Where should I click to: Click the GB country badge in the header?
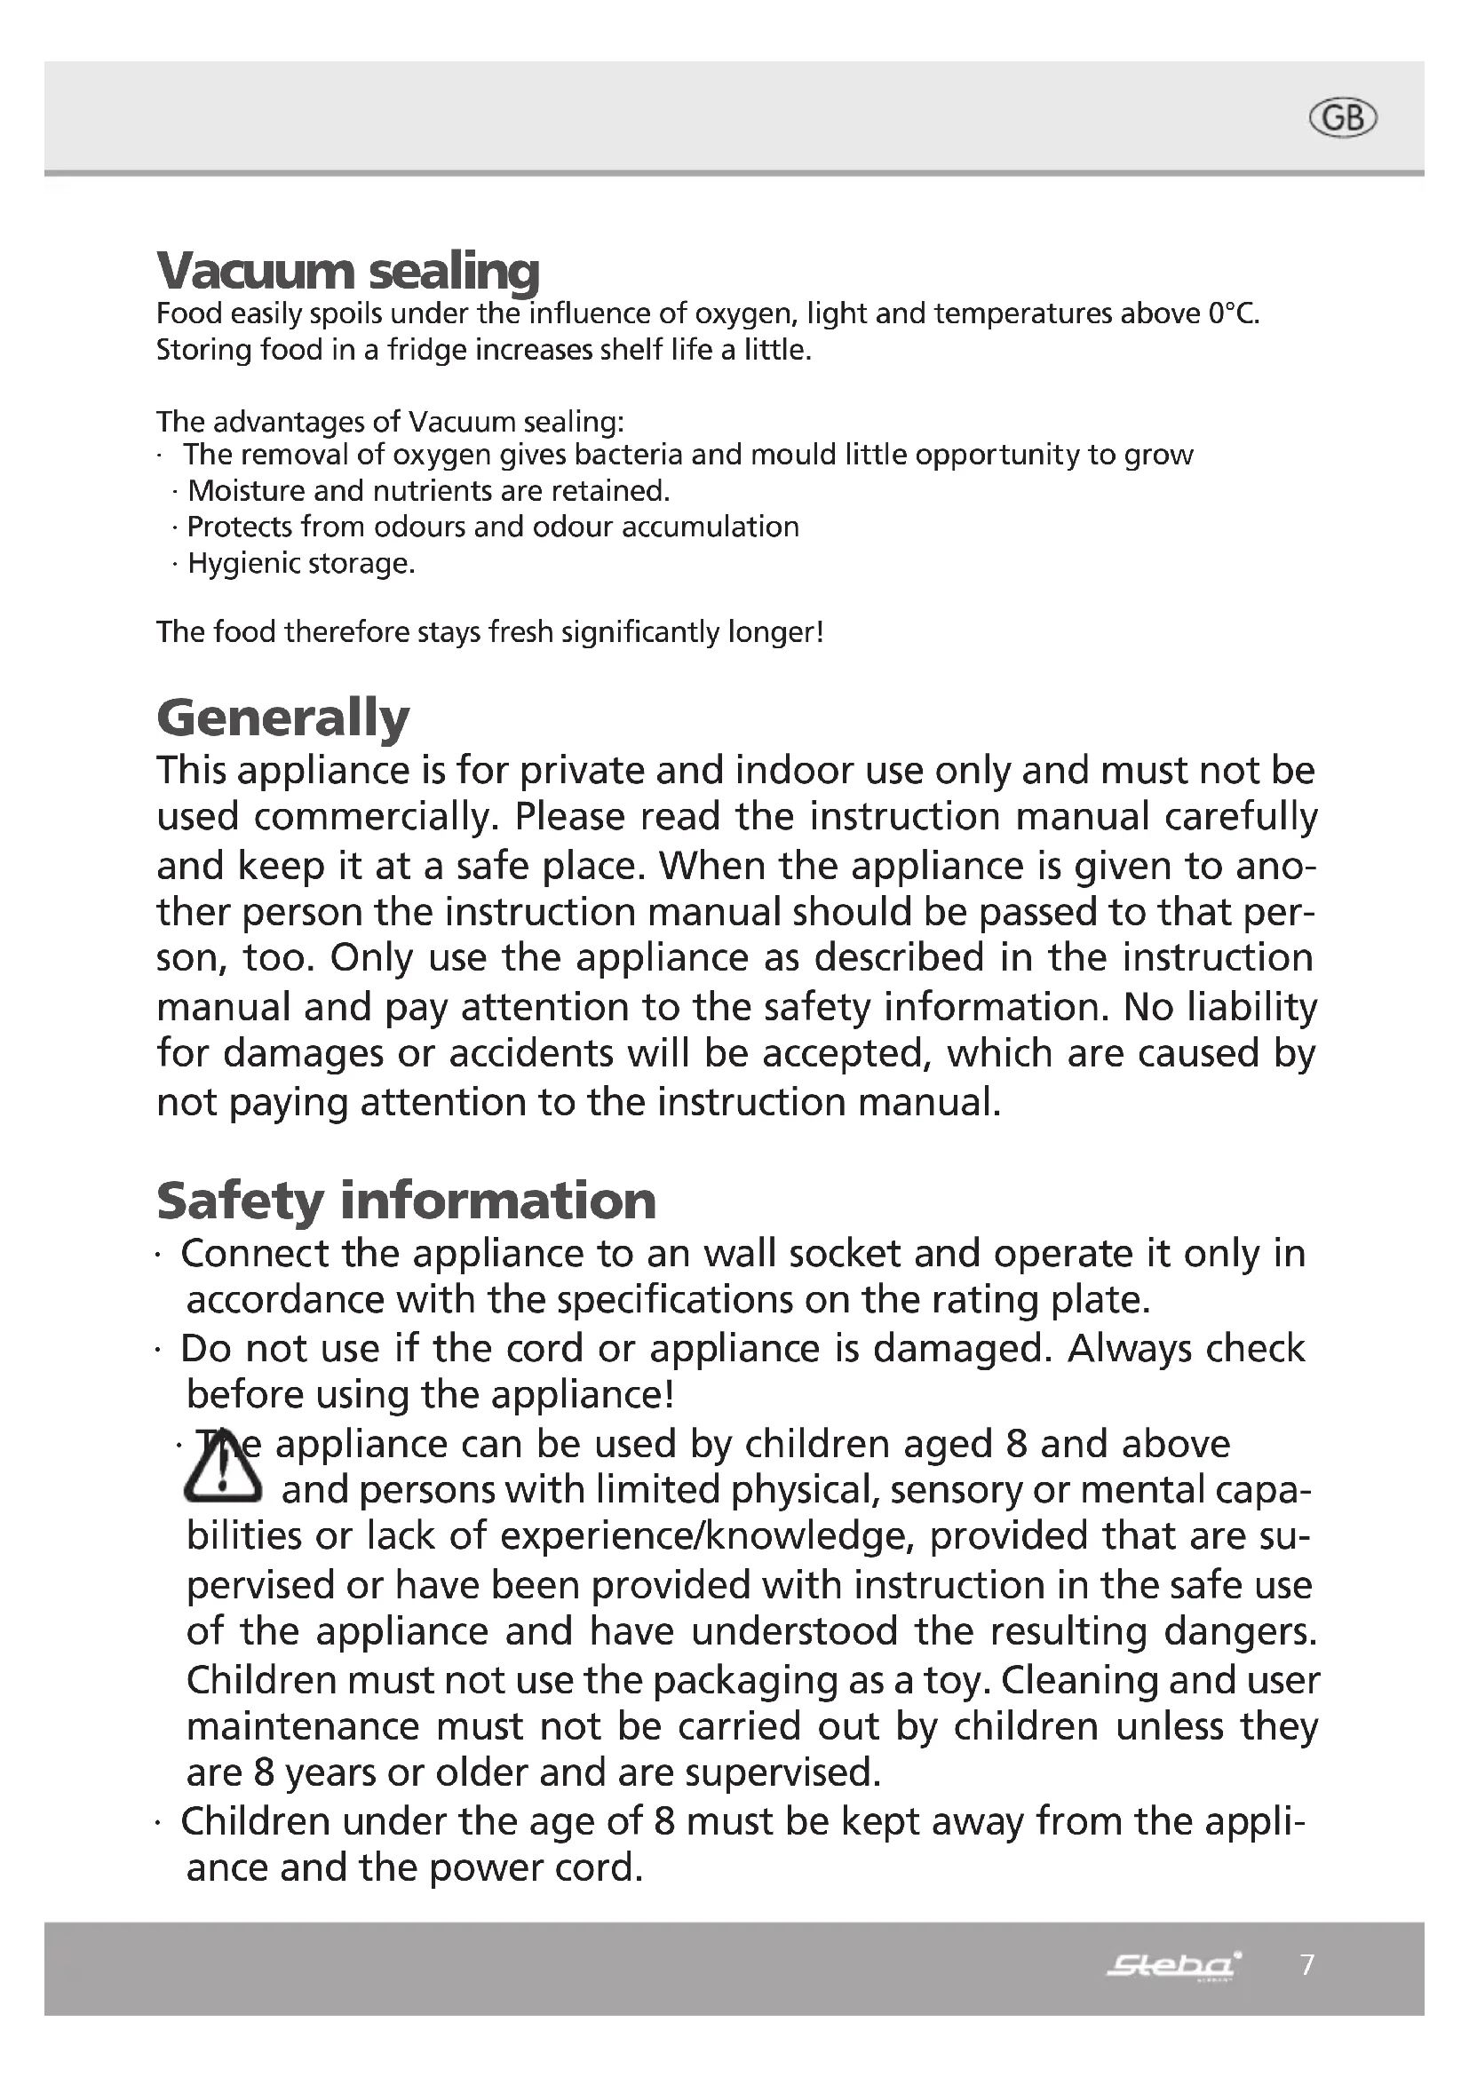1342,118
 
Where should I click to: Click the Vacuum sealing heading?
347,270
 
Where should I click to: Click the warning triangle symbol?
223,1467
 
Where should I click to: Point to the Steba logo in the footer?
1173,1965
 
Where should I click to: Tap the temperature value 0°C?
1233,313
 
